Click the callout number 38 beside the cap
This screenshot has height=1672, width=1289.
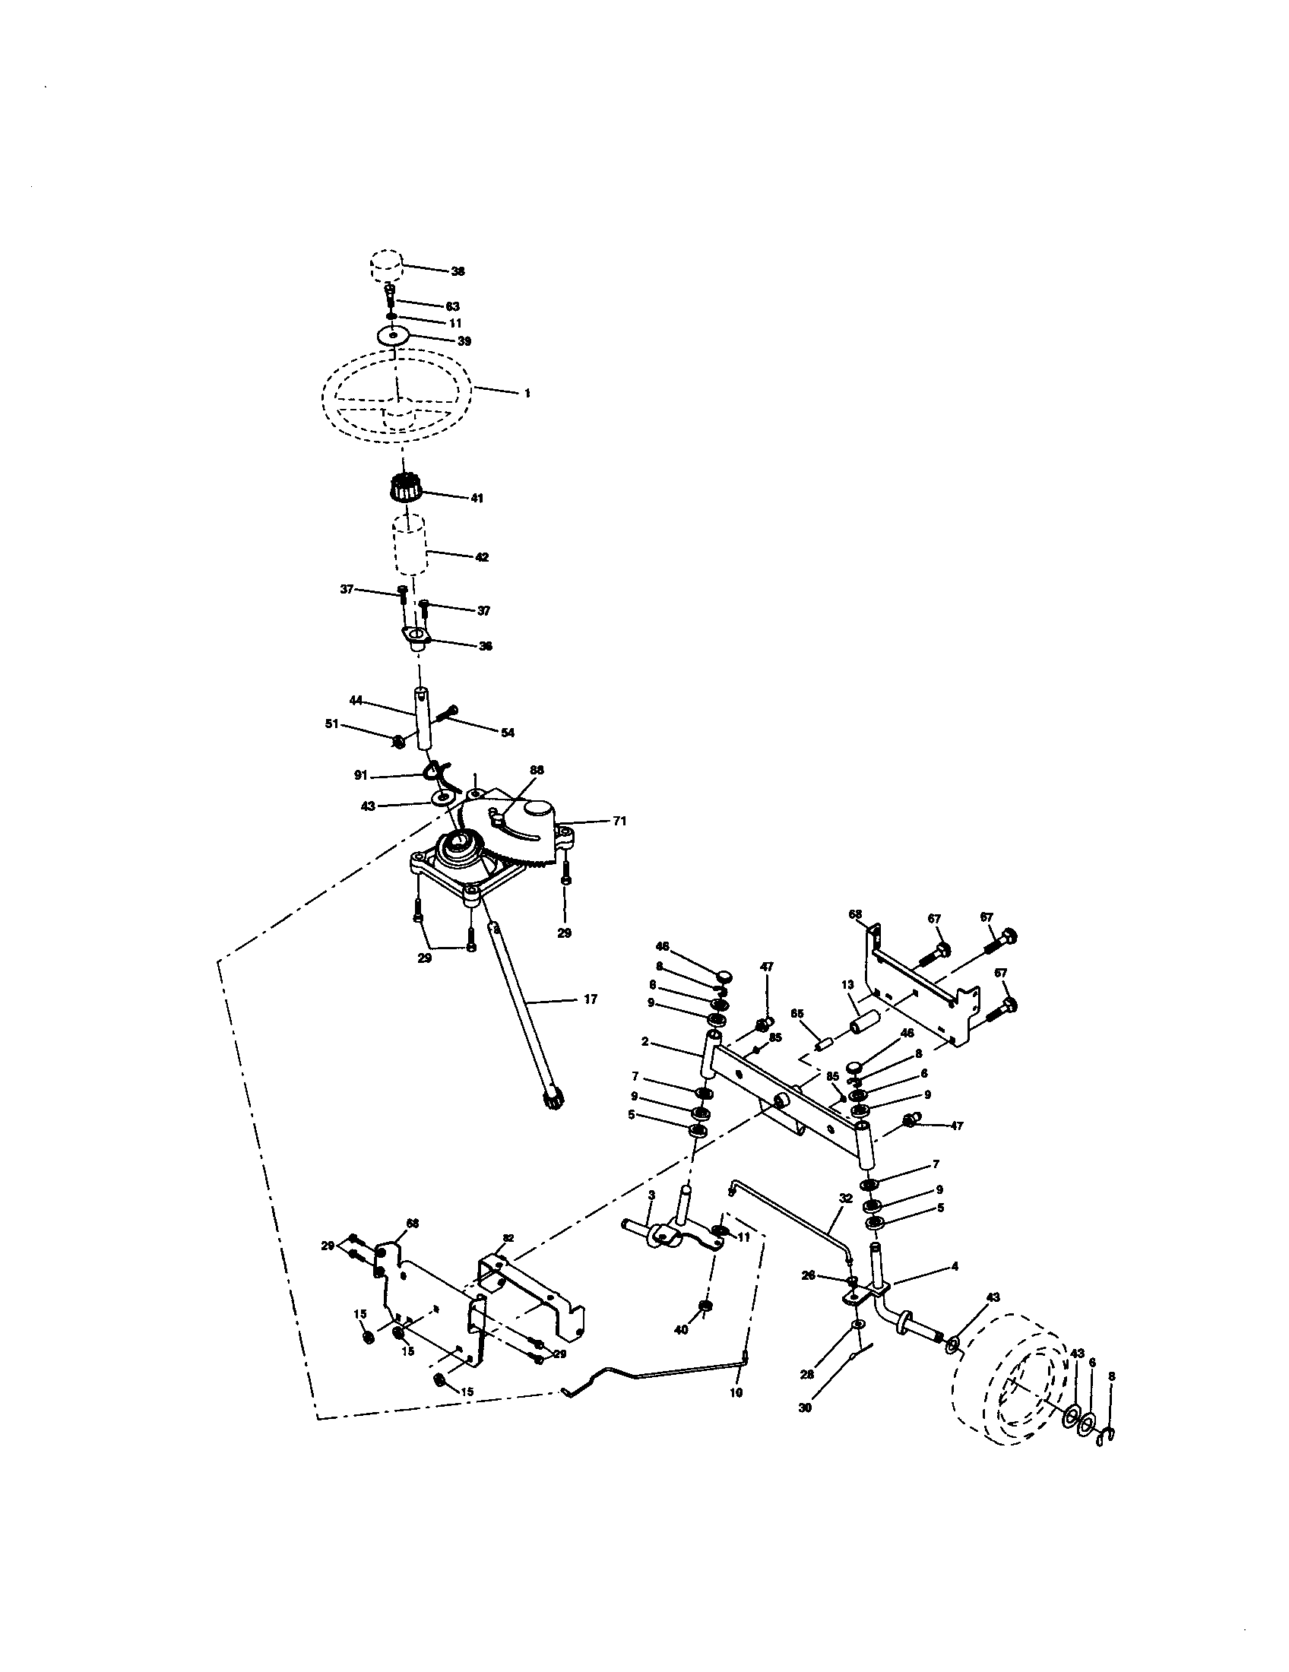click(x=458, y=271)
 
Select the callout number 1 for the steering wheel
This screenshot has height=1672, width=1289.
click(x=527, y=393)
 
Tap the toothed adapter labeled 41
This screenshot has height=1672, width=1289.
click(x=407, y=488)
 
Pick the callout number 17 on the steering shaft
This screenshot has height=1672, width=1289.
click(x=590, y=999)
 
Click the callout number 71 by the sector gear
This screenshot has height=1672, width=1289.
click(x=619, y=822)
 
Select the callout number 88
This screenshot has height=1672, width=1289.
click(x=537, y=769)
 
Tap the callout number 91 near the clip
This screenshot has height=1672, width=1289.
click(x=361, y=775)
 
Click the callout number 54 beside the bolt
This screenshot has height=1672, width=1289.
click(x=508, y=733)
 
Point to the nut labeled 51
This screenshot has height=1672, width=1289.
click(x=398, y=741)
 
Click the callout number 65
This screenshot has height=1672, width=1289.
click(x=797, y=1013)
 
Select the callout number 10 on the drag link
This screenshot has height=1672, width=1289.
click(x=736, y=1392)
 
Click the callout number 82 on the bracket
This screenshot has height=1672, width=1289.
click(x=508, y=1237)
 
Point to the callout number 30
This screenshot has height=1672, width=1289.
click(x=804, y=1407)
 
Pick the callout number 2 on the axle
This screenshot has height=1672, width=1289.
click(x=644, y=1041)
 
